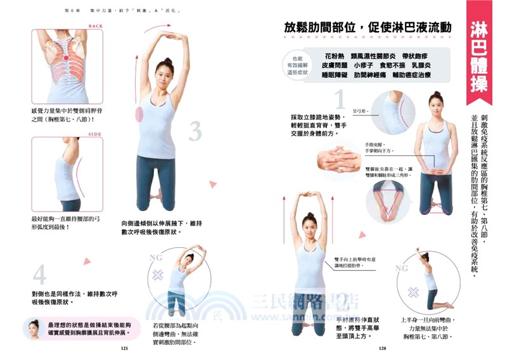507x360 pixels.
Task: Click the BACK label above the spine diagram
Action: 96,26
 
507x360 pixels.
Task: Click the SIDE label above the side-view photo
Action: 95,134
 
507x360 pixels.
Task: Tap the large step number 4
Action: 39,275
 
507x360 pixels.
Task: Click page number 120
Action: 382,348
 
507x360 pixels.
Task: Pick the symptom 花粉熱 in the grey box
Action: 337,55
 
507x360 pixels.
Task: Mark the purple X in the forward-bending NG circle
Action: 413,292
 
